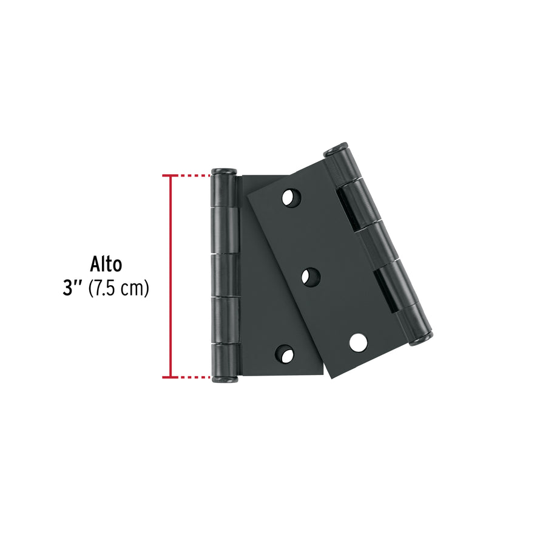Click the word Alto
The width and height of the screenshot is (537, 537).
(106, 265)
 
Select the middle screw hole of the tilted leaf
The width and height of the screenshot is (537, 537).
(312, 277)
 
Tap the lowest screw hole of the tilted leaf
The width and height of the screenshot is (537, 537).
(358, 342)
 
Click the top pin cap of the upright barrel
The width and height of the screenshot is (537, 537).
(222, 171)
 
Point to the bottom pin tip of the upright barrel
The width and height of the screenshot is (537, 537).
(222, 380)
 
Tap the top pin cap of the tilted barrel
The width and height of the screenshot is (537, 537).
(336, 149)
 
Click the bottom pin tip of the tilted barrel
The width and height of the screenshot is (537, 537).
(421, 339)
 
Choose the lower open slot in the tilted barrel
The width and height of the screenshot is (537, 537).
(387, 289)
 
